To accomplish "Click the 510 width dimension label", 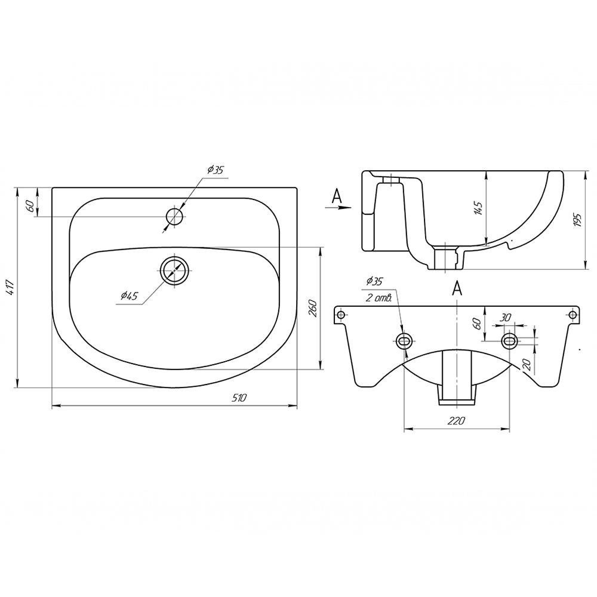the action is tap(239, 398).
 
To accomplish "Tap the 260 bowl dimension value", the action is tap(312, 309).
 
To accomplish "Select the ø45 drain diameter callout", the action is tap(129, 296).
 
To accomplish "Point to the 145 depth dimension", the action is tap(478, 208).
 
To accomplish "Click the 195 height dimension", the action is tap(577, 220).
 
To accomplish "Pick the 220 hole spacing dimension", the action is tap(456, 420).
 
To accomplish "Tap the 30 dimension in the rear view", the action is tap(505, 318).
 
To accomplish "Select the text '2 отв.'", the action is tap(379, 298).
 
